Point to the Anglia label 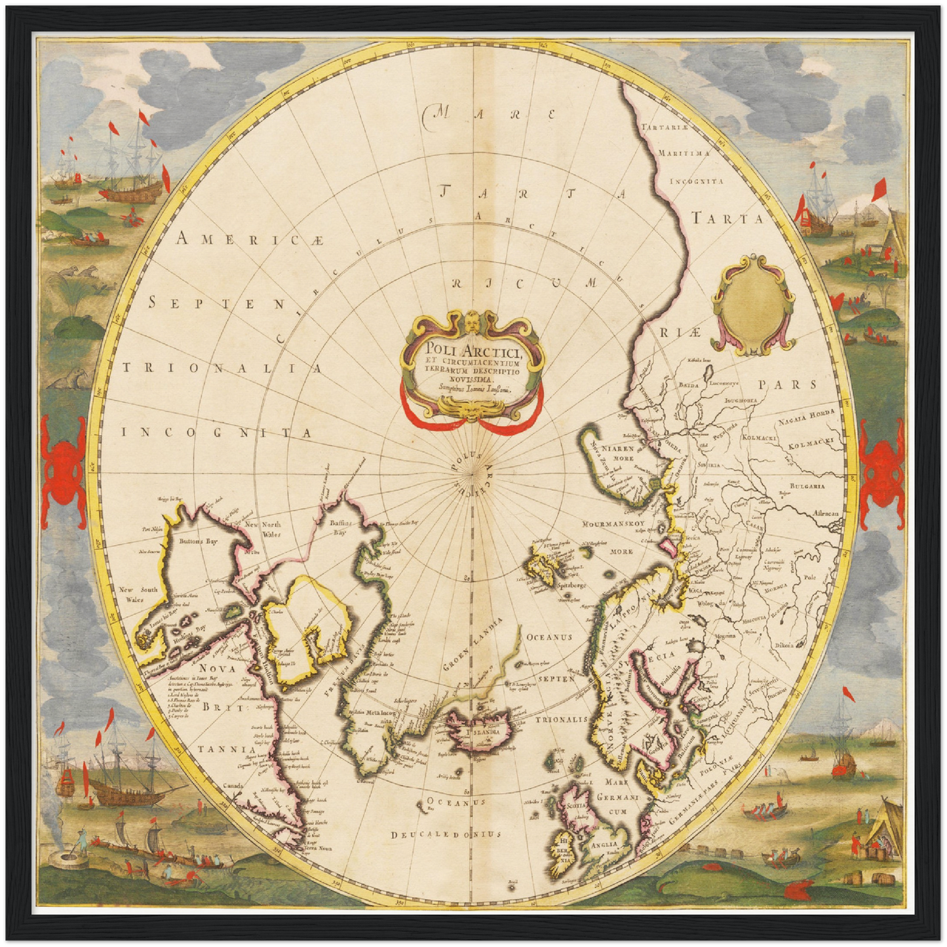(604, 845)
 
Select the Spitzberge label (572, 585)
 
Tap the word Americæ (250, 241)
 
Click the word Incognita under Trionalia (216, 433)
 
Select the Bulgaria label (807, 486)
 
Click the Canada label (233, 785)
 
